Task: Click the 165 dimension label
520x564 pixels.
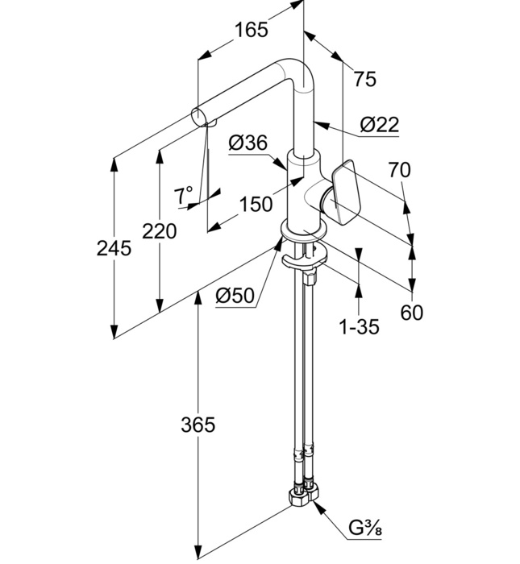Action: tap(251, 31)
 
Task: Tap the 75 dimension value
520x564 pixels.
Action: tap(365, 78)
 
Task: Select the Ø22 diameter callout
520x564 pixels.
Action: tap(379, 124)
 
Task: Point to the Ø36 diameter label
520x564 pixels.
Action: tap(248, 143)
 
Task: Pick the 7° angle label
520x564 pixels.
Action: tap(184, 194)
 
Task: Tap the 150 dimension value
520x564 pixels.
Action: tap(256, 204)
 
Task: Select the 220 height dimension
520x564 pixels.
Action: tap(159, 232)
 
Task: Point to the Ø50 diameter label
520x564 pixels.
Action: tap(235, 297)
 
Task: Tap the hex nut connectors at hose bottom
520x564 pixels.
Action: tap(304, 492)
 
